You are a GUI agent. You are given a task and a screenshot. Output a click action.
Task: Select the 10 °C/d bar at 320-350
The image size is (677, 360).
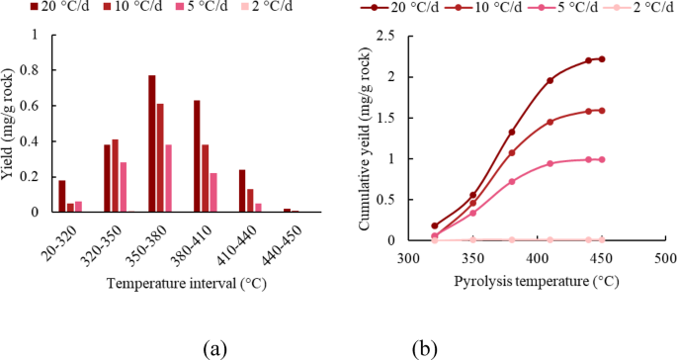tap(115, 175)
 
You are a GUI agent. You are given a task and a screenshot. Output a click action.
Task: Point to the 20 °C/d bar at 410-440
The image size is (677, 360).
tap(242, 190)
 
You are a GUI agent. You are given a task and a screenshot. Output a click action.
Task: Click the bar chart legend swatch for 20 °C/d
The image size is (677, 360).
tap(9, 9)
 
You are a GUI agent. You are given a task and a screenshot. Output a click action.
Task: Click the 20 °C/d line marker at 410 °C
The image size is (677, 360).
tap(550, 80)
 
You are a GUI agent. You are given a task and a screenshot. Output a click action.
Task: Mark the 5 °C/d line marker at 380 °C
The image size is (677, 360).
tap(512, 181)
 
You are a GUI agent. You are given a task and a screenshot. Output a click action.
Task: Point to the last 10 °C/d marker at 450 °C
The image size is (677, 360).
tap(602, 110)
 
